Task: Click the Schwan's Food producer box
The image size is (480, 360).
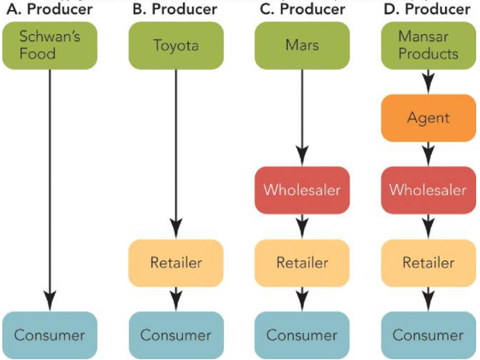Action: click(50, 45)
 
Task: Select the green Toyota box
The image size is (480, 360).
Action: click(175, 45)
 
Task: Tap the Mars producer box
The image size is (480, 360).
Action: click(302, 45)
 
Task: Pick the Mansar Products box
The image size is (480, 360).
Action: click(428, 45)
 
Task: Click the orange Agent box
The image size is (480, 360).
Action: click(428, 118)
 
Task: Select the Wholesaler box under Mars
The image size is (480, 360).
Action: click(302, 190)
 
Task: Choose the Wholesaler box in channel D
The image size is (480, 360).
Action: click(428, 190)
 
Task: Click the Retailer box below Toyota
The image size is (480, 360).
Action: click(175, 263)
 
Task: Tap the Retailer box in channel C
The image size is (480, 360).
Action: click(302, 263)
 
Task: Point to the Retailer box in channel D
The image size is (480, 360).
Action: click(428, 263)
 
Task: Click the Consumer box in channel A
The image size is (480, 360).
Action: click(50, 335)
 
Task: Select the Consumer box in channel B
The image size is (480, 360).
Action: click(175, 335)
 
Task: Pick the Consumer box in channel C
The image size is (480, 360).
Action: click(302, 335)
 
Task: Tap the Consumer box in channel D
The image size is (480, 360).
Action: click(428, 335)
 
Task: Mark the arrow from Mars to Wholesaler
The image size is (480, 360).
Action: click(302, 114)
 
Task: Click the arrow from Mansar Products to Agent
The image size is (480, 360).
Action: click(428, 81)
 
